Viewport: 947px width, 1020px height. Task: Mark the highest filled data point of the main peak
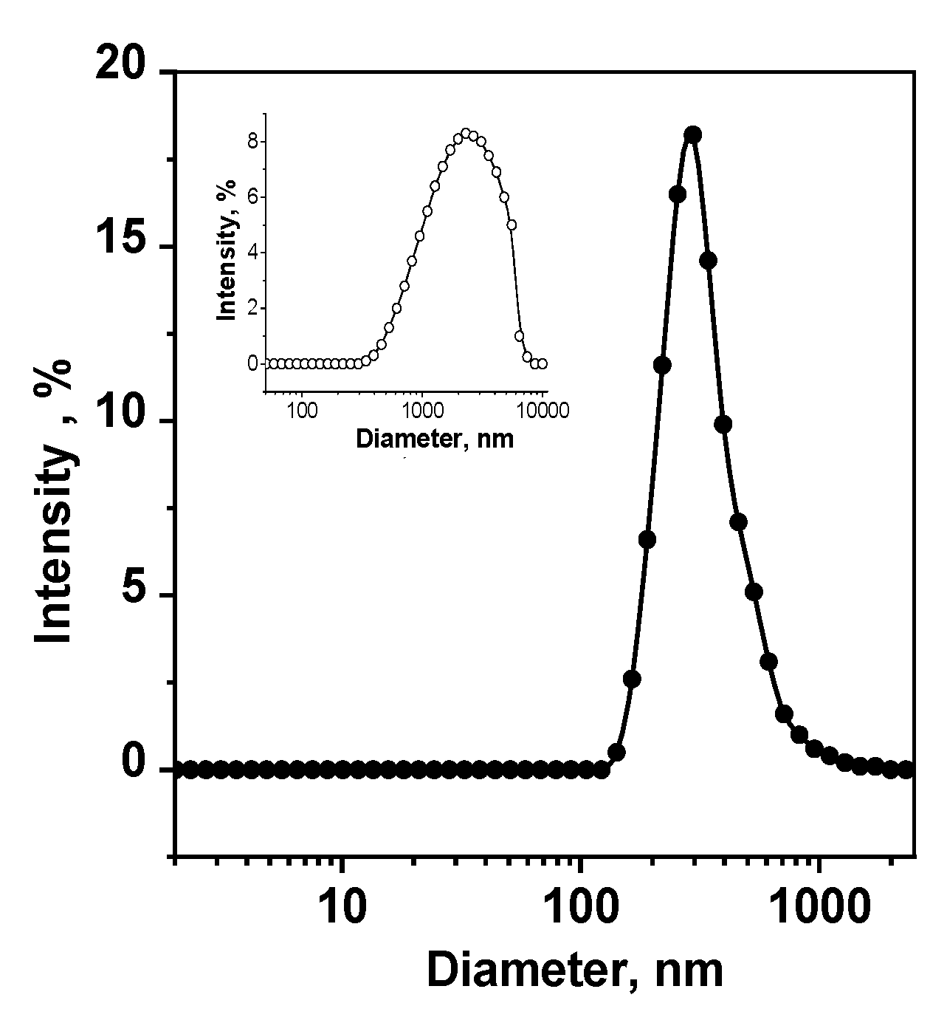[x=692, y=134]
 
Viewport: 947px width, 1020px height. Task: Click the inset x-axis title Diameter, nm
[x=435, y=439]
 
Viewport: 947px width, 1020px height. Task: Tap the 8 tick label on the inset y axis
[x=252, y=141]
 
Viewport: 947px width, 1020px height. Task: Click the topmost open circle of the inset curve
[x=466, y=133]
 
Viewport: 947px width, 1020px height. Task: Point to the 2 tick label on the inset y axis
[x=252, y=308]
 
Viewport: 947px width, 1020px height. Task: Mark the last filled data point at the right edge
[x=907, y=770]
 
